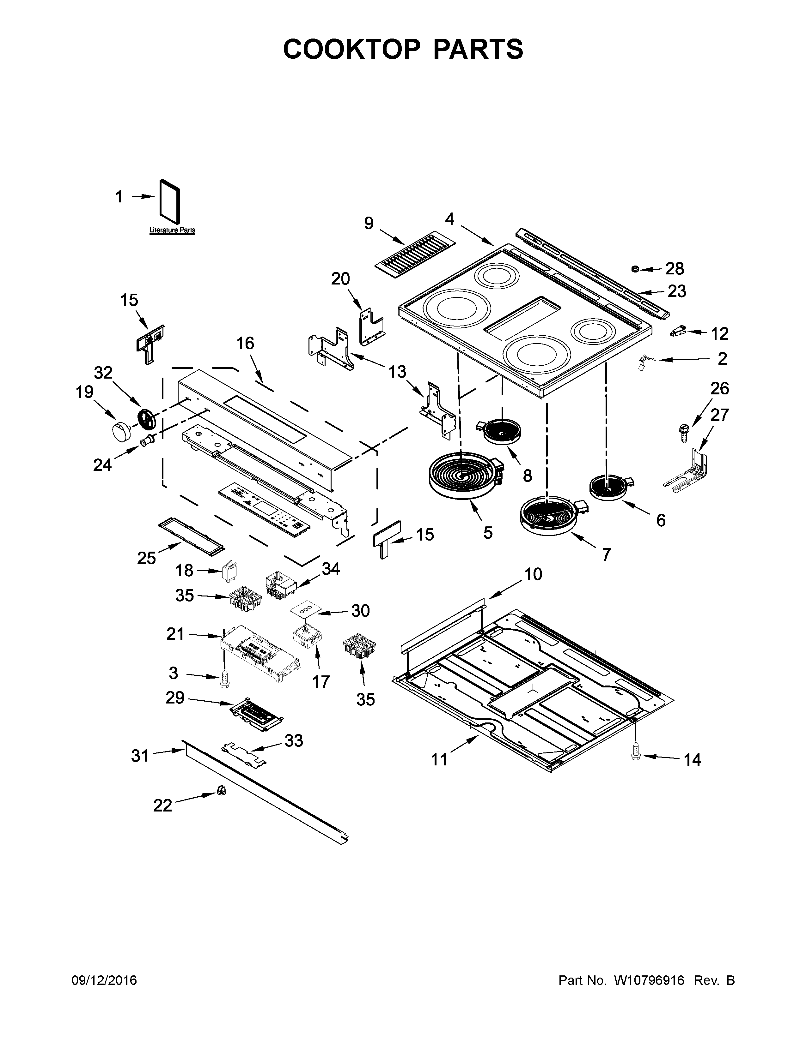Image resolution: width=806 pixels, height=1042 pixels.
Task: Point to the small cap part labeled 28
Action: coord(636,270)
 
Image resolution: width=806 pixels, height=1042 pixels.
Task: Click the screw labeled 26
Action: coord(681,429)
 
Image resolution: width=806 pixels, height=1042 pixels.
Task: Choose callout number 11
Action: coord(439,759)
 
